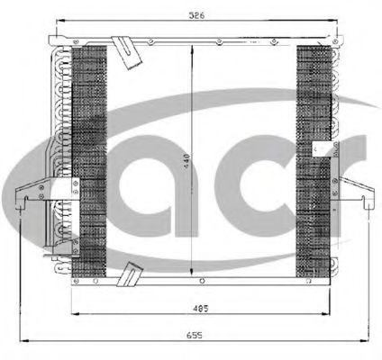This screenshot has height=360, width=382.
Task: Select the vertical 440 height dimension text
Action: [185, 161]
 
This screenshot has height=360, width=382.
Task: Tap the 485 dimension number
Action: [201, 310]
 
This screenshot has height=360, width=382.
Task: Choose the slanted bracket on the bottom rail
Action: [131, 272]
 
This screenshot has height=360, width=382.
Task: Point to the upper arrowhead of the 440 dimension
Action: [190, 46]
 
